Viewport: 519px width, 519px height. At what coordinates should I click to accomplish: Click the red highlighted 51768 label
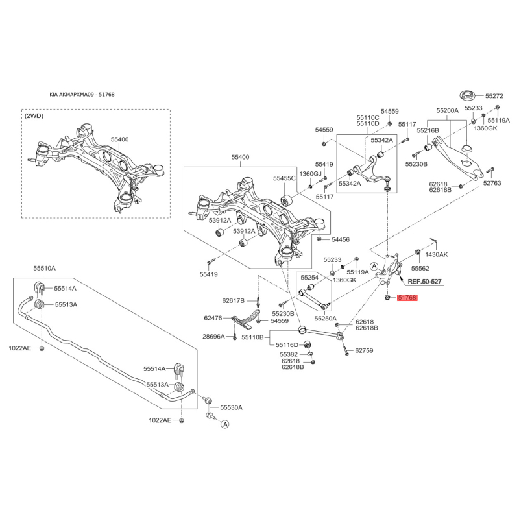pyautogui.click(x=407, y=298)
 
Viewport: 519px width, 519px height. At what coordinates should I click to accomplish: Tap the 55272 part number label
pyautogui.click(x=494, y=96)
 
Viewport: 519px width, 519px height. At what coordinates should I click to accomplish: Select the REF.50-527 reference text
pyautogui.click(x=424, y=282)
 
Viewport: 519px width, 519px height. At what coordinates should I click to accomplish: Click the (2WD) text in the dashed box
pyautogui.click(x=34, y=116)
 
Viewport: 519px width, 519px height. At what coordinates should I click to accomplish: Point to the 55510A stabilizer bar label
pyautogui.click(x=44, y=268)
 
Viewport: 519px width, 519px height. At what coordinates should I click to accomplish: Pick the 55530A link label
pyautogui.click(x=232, y=407)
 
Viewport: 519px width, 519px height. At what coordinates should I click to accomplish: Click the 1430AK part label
pyautogui.click(x=436, y=254)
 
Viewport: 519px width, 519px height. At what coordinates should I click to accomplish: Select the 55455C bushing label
pyautogui.click(x=284, y=178)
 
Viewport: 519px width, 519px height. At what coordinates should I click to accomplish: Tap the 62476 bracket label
pyautogui.click(x=213, y=318)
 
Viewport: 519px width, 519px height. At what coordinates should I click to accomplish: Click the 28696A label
pyautogui.click(x=213, y=337)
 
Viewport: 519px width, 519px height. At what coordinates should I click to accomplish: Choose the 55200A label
pyautogui.click(x=448, y=110)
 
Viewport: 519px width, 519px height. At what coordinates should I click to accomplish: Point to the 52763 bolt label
pyautogui.click(x=492, y=183)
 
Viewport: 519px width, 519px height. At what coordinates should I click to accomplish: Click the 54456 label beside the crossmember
pyautogui.click(x=341, y=239)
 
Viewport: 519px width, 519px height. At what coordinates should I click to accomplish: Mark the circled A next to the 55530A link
pyautogui.click(x=225, y=424)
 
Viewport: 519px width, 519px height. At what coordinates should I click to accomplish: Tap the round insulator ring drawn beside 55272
pyautogui.click(x=468, y=95)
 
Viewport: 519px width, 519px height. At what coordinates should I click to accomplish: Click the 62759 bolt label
pyautogui.click(x=364, y=350)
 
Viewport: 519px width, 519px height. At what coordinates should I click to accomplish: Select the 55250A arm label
pyautogui.click(x=326, y=319)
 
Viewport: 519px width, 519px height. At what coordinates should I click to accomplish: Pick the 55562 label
pyautogui.click(x=420, y=269)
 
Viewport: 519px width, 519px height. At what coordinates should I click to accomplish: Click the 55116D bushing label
pyautogui.click(x=287, y=345)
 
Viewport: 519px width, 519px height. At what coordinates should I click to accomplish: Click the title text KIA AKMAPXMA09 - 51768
pyautogui.click(x=82, y=95)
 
